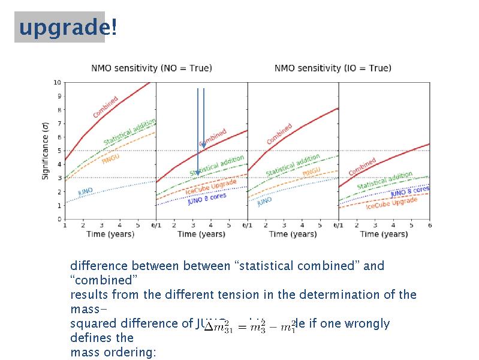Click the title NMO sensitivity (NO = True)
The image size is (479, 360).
pos(151,68)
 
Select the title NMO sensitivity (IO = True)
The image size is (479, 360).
pos(333,68)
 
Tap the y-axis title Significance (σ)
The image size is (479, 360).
pos(46,150)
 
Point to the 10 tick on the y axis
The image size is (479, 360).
pos(58,82)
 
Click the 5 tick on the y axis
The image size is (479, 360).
pos(59,151)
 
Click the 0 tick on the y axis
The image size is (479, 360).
pos(59,219)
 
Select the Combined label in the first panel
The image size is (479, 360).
pos(106,107)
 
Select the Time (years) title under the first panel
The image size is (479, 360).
pos(110,233)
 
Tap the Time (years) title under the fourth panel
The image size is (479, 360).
pos(384,233)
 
